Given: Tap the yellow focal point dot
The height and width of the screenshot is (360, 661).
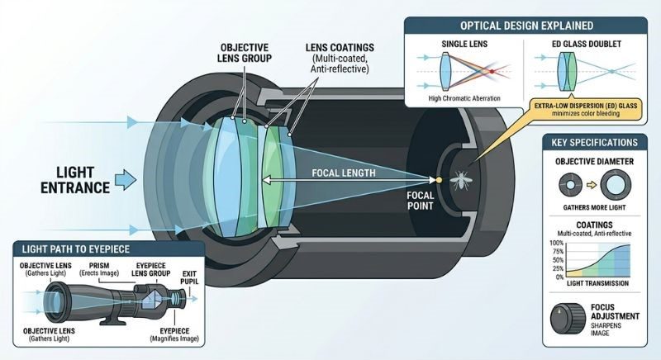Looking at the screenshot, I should (439, 178).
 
